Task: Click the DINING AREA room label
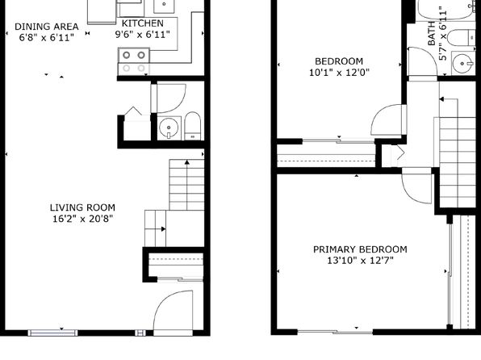pyautogui.click(x=47, y=27)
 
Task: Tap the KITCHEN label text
pyautogui.click(x=143, y=23)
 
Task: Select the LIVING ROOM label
pyautogui.click(x=82, y=207)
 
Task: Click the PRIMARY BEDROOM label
pyautogui.click(x=360, y=249)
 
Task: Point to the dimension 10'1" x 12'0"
pyautogui.click(x=339, y=73)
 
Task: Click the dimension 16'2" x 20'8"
pyautogui.click(x=82, y=219)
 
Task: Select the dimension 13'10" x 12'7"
pyautogui.click(x=360, y=261)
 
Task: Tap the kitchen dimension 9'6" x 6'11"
pyautogui.click(x=142, y=35)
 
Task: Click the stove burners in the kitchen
pyautogui.click(x=134, y=55)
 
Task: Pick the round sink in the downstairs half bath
pyautogui.click(x=169, y=127)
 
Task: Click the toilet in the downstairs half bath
pyautogui.click(x=193, y=126)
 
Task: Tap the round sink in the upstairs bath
pyautogui.click(x=462, y=64)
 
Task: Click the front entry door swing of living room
pyautogui.click(x=173, y=310)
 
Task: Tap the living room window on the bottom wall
pyautogui.click(x=52, y=333)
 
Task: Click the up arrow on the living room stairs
pyautogui.click(x=186, y=185)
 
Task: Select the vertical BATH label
pyautogui.click(x=431, y=33)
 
